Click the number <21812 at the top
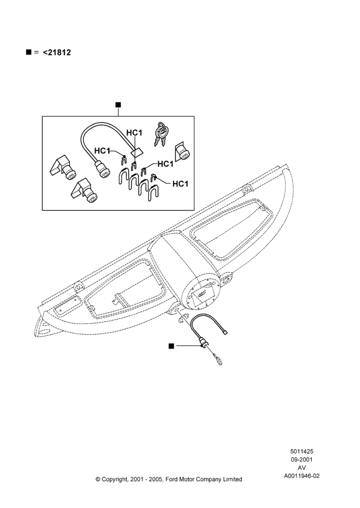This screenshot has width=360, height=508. point(57,52)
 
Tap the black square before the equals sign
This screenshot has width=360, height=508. point(28,52)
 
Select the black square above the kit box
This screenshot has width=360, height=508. point(118,105)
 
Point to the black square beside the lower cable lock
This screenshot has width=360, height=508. point(171,346)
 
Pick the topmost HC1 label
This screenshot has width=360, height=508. point(134,133)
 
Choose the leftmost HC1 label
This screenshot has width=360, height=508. point(102,151)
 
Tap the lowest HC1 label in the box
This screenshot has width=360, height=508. point(180,184)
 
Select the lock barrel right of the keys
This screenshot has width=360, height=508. point(182,152)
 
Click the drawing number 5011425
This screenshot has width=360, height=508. point(302,451)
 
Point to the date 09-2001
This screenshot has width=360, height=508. point(302,459)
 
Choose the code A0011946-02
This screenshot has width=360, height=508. point(302,476)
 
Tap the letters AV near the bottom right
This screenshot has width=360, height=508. point(302,468)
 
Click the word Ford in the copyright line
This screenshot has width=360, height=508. point(172,479)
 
